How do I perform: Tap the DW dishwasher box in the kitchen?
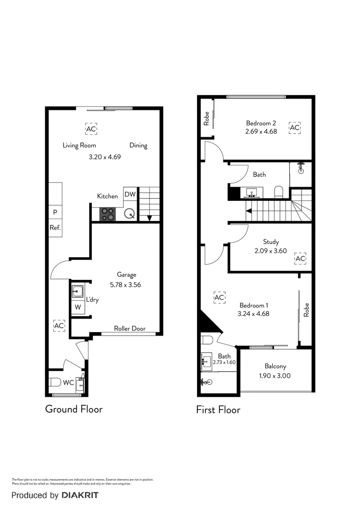(130, 194)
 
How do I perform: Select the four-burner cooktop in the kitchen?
(107, 214)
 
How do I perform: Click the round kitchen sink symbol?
(130, 214)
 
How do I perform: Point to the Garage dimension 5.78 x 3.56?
(125, 285)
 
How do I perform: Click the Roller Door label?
(130, 328)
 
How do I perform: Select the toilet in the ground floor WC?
(55, 382)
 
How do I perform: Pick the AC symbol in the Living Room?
(91, 129)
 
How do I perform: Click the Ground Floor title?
(74, 409)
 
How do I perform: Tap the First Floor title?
(218, 410)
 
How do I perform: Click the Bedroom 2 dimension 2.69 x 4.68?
(261, 132)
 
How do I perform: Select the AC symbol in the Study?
(300, 259)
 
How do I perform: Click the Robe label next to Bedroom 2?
(206, 118)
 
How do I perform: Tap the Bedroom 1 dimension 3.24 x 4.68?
(254, 313)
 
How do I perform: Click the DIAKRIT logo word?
(80, 495)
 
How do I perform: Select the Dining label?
(138, 145)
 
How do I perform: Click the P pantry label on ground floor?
(55, 213)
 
